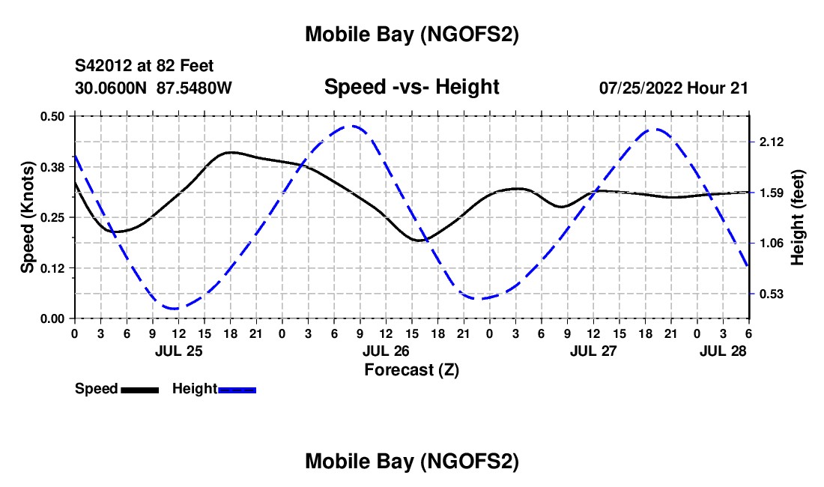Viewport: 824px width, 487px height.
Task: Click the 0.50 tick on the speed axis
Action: click(x=54, y=116)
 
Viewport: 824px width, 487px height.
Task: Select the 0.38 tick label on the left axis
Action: click(x=54, y=167)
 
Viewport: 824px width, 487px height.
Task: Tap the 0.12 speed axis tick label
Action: click(x=54, y=268)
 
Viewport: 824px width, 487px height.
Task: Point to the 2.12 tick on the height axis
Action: click(x=772, y=142)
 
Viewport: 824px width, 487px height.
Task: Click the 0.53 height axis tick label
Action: click(x=772, y=294)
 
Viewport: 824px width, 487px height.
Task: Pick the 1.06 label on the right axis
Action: click(x=772, y=243)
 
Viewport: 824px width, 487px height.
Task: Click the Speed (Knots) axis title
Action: click(x=28, y=217)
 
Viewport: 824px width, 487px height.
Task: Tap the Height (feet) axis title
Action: click(x=798, y=217)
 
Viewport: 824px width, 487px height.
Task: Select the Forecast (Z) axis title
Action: click(x=411, y=369)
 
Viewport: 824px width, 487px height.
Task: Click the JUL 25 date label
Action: click(x=178, y=351)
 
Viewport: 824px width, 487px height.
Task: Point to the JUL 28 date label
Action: click(x=724, y=351)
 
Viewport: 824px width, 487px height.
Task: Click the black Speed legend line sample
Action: click(x=139, y=390)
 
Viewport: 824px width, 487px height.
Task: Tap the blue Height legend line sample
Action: click(x=237, y=390)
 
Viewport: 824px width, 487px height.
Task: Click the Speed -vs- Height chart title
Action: click(x=411, y=87)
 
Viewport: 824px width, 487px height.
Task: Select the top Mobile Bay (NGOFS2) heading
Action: click(x=411, y=34)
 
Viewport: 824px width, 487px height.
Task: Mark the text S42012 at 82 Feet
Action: click(x=144, y=67)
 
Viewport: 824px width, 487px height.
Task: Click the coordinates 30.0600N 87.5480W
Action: click(x=154, y=88)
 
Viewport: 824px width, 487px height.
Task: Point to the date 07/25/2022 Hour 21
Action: click(x=673, y=88)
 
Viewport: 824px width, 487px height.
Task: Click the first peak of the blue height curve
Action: click(x=349, y=126)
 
